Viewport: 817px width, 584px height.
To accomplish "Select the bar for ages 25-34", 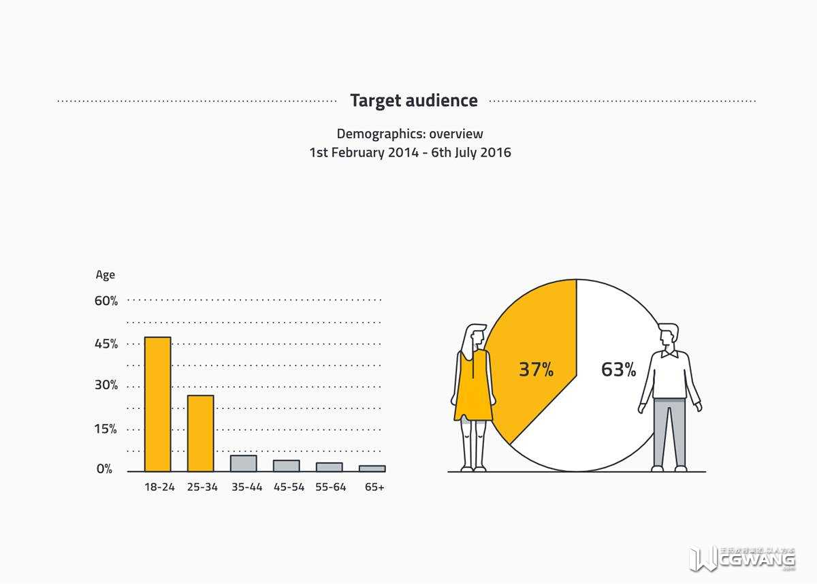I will point(201,433).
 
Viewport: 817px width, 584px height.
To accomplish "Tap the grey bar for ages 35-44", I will point(244,464).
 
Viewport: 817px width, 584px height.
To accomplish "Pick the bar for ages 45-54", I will point(287,466).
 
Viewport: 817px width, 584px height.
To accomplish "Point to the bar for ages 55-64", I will point(330,467).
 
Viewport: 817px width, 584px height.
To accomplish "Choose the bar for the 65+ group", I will point(372,468).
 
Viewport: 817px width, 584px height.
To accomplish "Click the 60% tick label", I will point(106,301).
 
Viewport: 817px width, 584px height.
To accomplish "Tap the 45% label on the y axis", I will point(106,344).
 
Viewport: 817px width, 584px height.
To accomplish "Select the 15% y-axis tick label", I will point(106,429).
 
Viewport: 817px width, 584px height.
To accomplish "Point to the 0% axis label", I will point(104,469).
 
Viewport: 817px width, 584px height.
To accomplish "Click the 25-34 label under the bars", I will point(202,487).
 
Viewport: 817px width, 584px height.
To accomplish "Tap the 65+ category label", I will point(374,487).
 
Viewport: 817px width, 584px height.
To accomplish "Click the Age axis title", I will point(106,275).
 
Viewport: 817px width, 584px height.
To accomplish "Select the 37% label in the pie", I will point(536,370).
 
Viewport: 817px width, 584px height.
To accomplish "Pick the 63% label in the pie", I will point(618,370).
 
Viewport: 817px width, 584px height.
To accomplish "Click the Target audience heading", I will point(414,101).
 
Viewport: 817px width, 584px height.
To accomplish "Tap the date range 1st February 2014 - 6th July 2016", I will point(410,152).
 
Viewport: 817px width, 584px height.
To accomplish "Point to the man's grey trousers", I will point(669,432).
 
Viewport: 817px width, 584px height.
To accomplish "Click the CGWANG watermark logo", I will point(743,559).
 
